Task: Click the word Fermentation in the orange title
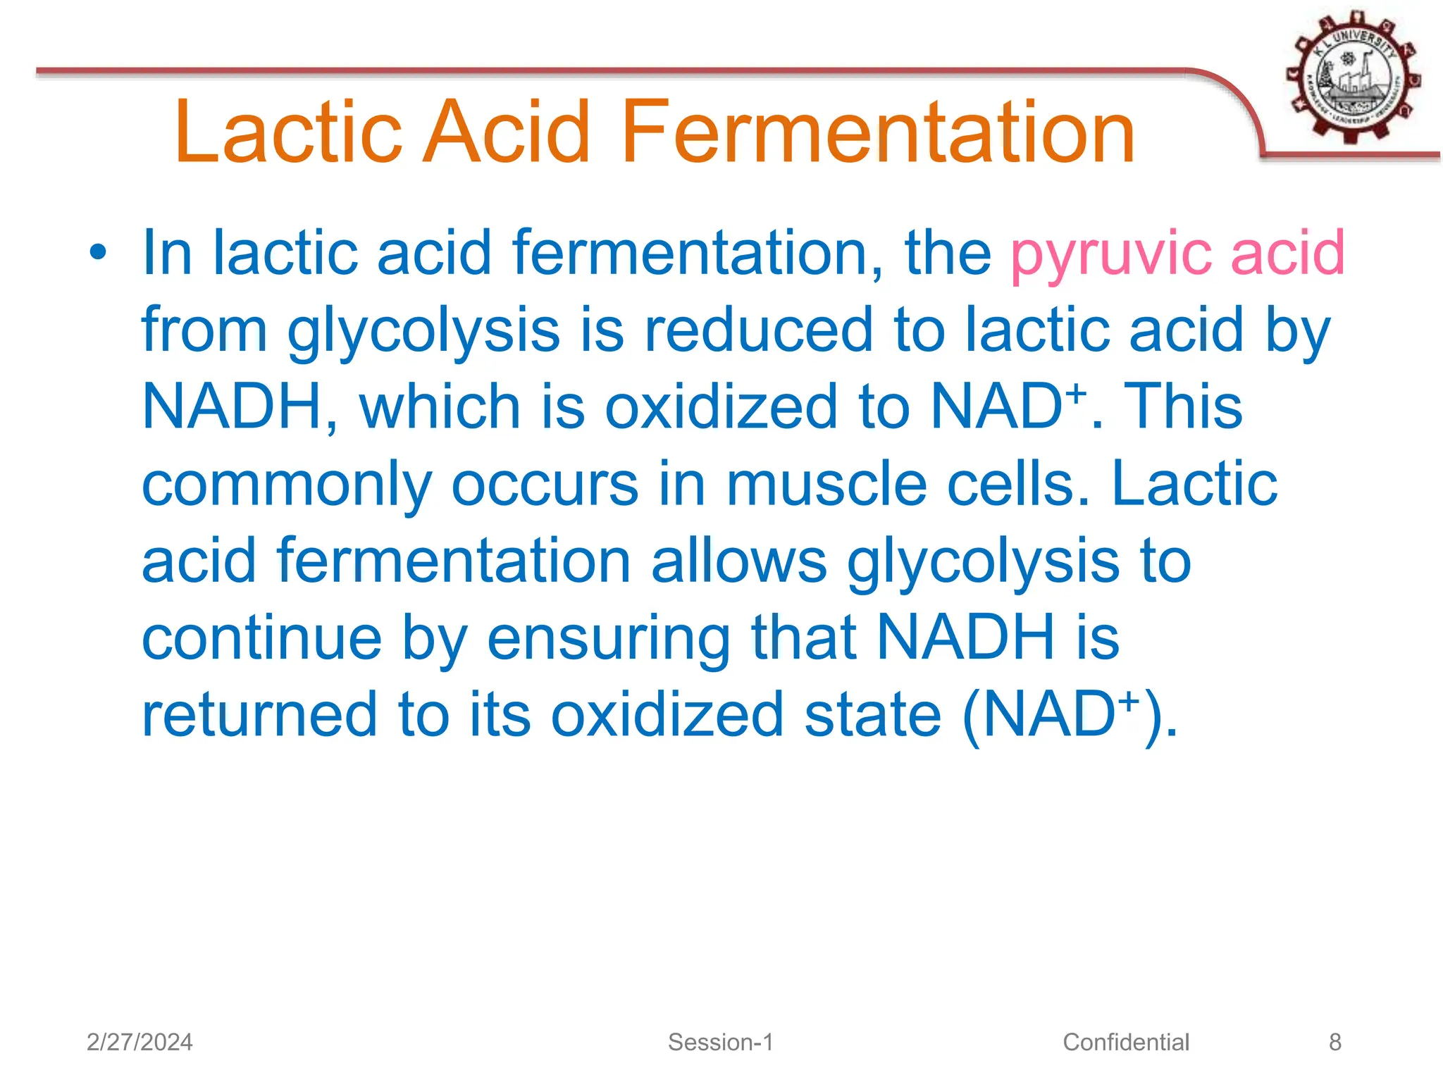(877, 132)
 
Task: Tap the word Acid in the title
(506, 132)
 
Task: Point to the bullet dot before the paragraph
(98, 252)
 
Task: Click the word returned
(260, 714)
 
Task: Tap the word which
(440, 406)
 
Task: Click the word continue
(261, 638)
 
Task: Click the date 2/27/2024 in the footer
(140, 1042)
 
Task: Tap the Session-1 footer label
(720, 1042)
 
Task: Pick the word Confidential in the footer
(1125, 1042)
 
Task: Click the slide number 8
(1334, 1042)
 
